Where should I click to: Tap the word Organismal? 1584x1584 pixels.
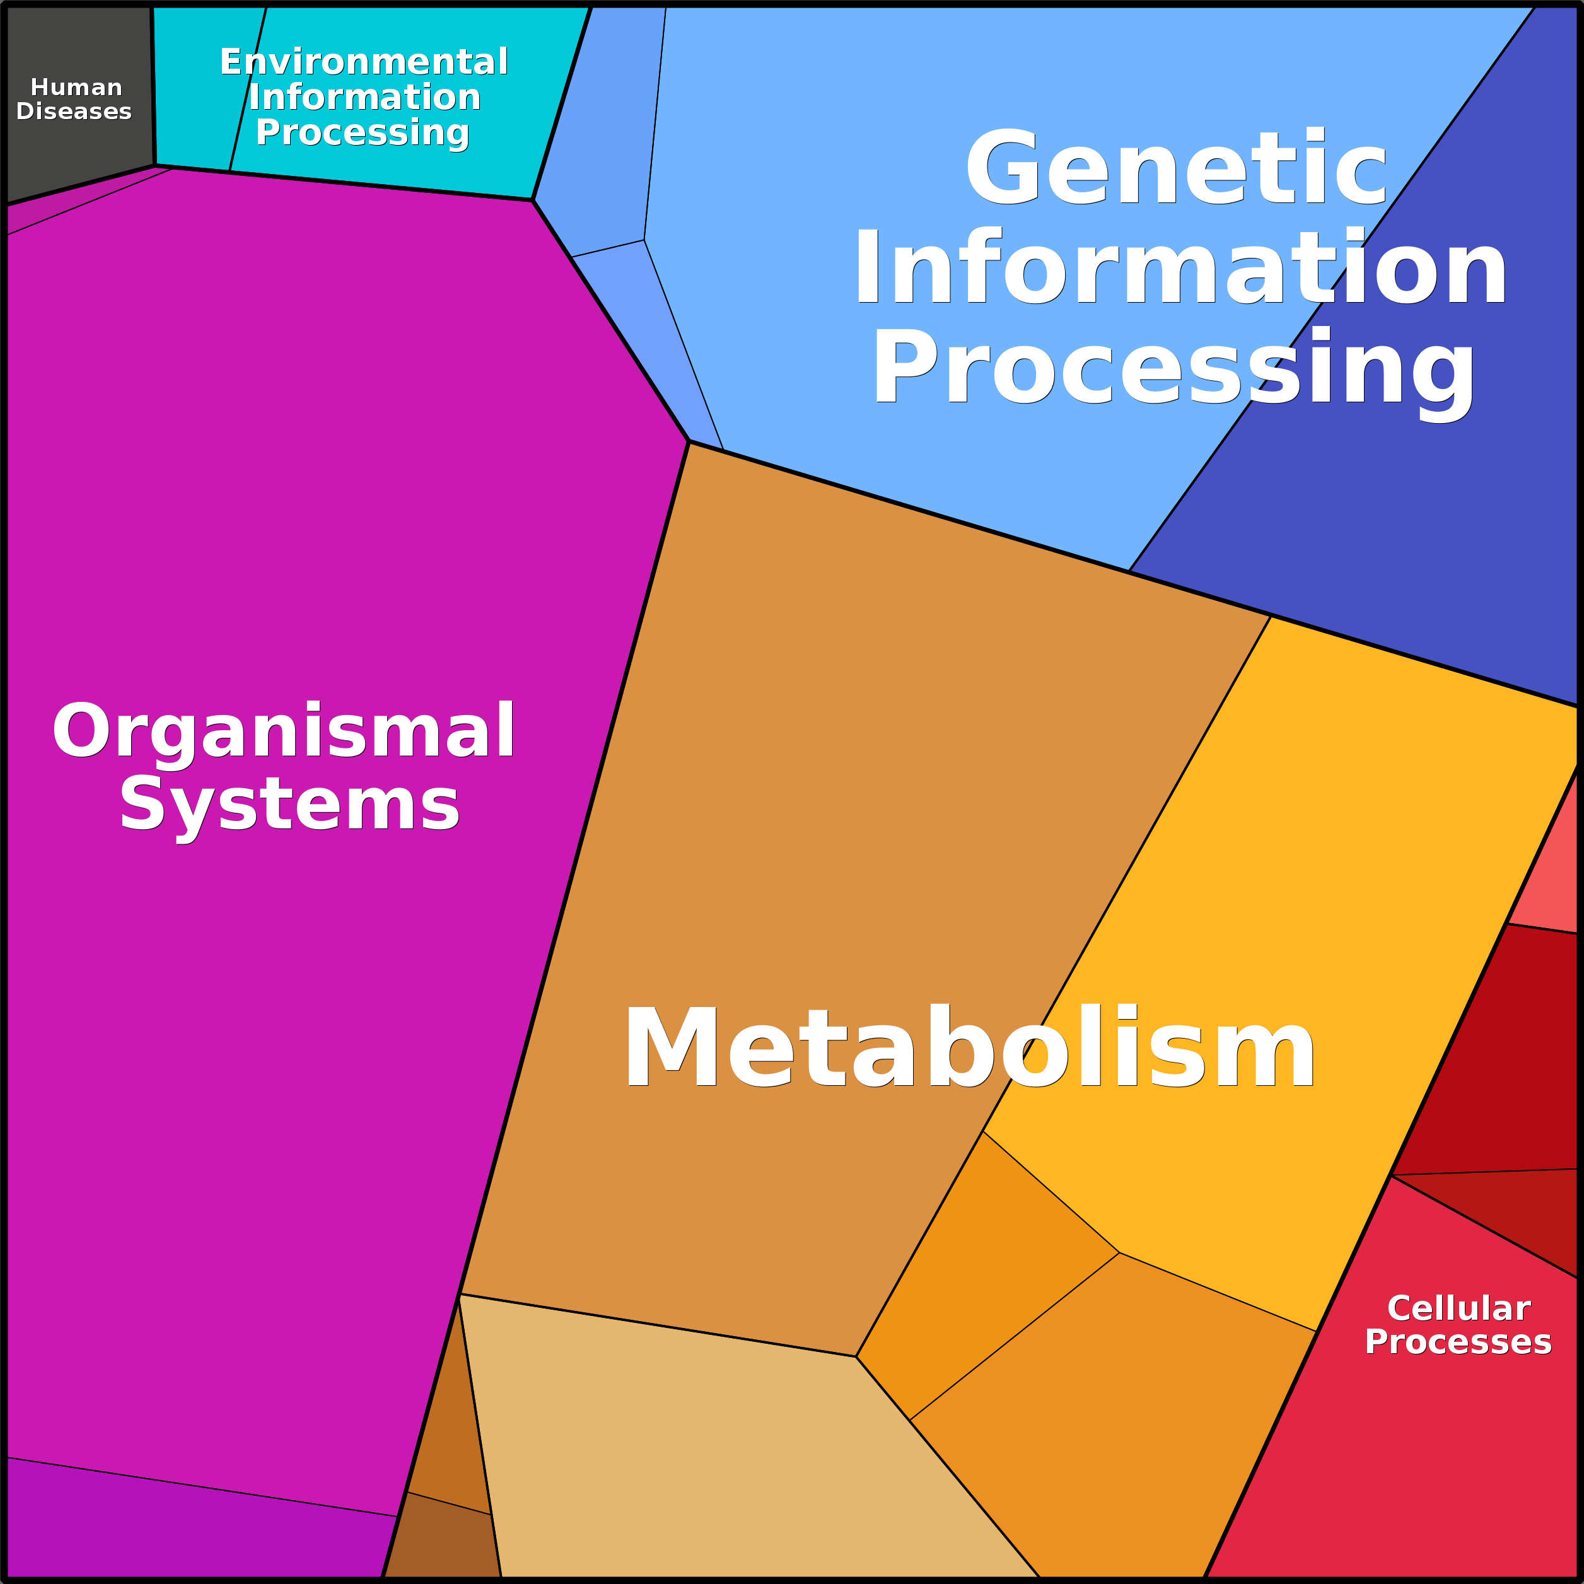[284, 730]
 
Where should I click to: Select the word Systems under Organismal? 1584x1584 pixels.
[289, 805]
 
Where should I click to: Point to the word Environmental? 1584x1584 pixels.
[364, 62]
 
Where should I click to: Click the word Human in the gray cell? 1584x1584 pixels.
[76, 87]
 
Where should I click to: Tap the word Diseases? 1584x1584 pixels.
[74, 112]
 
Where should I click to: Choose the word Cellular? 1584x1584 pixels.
[1459, 1308]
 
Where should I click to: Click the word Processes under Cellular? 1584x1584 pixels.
[1458, 1342]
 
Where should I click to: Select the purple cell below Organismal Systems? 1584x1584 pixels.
[180, 1525]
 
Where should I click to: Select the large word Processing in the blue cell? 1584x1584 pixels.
[1174, 369]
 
